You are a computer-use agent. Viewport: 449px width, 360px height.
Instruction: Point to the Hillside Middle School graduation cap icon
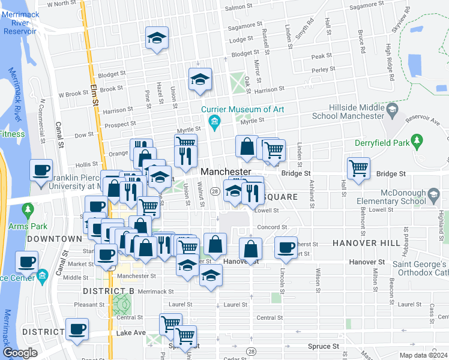pos(392,109)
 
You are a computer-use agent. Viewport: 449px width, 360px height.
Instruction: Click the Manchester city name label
pos(225,172)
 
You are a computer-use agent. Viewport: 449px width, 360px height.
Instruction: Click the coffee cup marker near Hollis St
pos(41,170)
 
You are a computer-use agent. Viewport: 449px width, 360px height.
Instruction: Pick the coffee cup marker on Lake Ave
pos(77,329)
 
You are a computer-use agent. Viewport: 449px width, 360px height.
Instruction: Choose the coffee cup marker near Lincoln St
pos(286,247)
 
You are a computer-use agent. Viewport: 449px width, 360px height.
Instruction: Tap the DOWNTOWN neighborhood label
pos(54,239)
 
